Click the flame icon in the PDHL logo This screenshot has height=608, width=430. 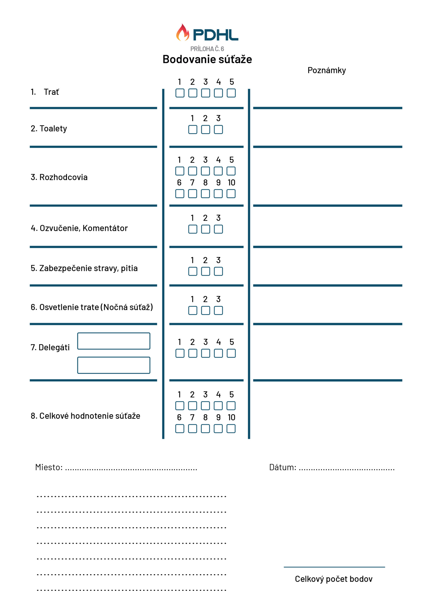click(182, 33)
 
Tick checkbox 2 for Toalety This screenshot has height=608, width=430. click(205, 129)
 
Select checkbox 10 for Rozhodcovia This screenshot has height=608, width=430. click(231, 194)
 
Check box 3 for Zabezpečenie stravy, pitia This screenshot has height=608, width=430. click(218, 271)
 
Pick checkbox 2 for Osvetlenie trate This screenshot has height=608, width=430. click(205, 310)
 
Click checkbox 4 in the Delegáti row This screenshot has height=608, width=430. click(218, 353)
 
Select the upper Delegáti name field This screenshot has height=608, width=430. click(114, 341)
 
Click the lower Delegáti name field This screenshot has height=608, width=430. click(114, 365)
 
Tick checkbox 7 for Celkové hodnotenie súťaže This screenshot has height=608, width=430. click(192, 428)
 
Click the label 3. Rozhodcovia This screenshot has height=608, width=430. click(59, 177)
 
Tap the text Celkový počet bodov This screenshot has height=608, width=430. click(334, 579)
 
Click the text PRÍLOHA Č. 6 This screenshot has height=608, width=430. click(207, 49)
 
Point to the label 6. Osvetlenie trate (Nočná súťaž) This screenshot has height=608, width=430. click(92, 307)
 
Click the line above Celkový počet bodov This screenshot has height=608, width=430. click(334, 567)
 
